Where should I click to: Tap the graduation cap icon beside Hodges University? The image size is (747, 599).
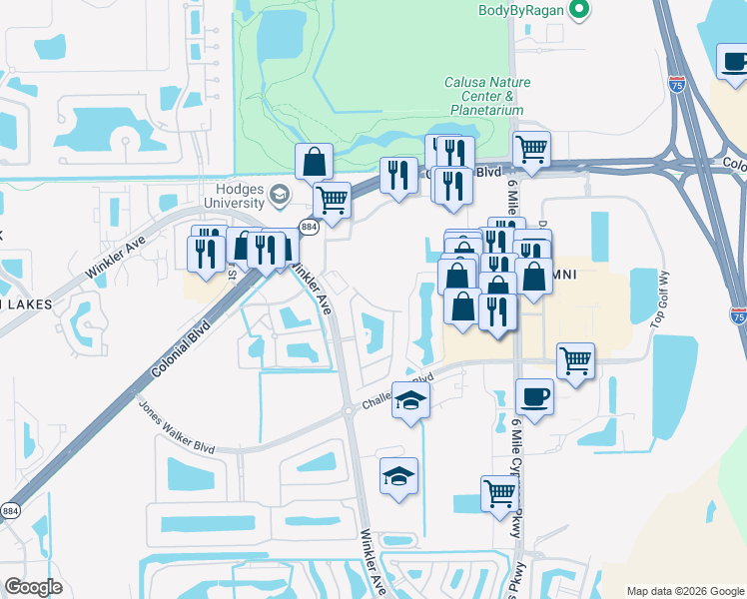[x=284, y=194]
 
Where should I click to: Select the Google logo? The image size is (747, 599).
[x=33, y=587]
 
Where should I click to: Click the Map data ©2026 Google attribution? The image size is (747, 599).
[x=684, y=591]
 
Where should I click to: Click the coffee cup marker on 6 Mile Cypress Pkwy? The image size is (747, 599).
[x=535, y=397]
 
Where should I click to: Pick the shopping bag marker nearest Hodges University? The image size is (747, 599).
[x=314, y=161]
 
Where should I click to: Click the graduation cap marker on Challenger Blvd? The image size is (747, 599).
[x=410, y=401]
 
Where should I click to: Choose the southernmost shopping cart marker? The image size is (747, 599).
[x=499, y=492]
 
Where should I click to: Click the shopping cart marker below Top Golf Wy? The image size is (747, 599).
[x=576, y=360]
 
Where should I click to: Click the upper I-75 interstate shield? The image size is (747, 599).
[x=678, y=85]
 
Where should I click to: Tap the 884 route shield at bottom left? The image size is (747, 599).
[x=8, y=510]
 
